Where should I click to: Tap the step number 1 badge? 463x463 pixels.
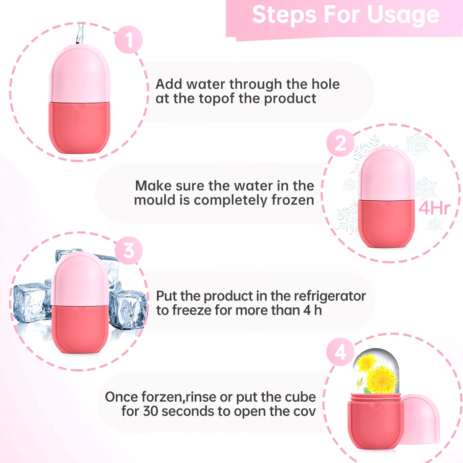coord(129,40)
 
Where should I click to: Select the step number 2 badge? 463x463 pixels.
coord(340,143)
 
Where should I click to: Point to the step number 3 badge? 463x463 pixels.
coord(129,251)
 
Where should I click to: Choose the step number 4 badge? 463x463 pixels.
coord(340,352)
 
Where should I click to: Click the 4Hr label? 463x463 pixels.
coord(434,208)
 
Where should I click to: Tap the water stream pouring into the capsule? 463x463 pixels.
coord(80,33)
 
